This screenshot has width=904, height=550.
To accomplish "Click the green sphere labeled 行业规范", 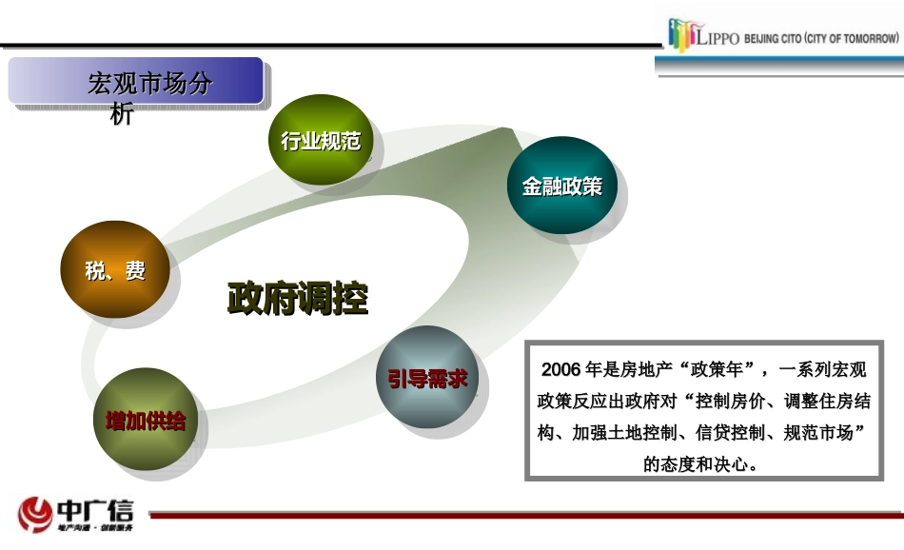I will click(x=321, y=141).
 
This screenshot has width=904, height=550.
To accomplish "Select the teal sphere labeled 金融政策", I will click(x=561, y=187).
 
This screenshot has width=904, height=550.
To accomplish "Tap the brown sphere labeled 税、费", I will click(x=115, y=270).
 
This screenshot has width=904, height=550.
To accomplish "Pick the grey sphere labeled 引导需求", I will click(x=426, y=378).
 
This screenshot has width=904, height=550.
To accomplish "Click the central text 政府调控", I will click(x=297, y=299).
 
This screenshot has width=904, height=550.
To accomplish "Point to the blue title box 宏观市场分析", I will click(x=135, y=82).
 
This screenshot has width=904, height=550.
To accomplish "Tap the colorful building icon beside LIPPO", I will click(x=682, y=34).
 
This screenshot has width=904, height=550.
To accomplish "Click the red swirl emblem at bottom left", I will click(x=35, y=514).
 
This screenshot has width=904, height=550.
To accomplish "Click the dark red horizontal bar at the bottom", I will click(x=523, y=515).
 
